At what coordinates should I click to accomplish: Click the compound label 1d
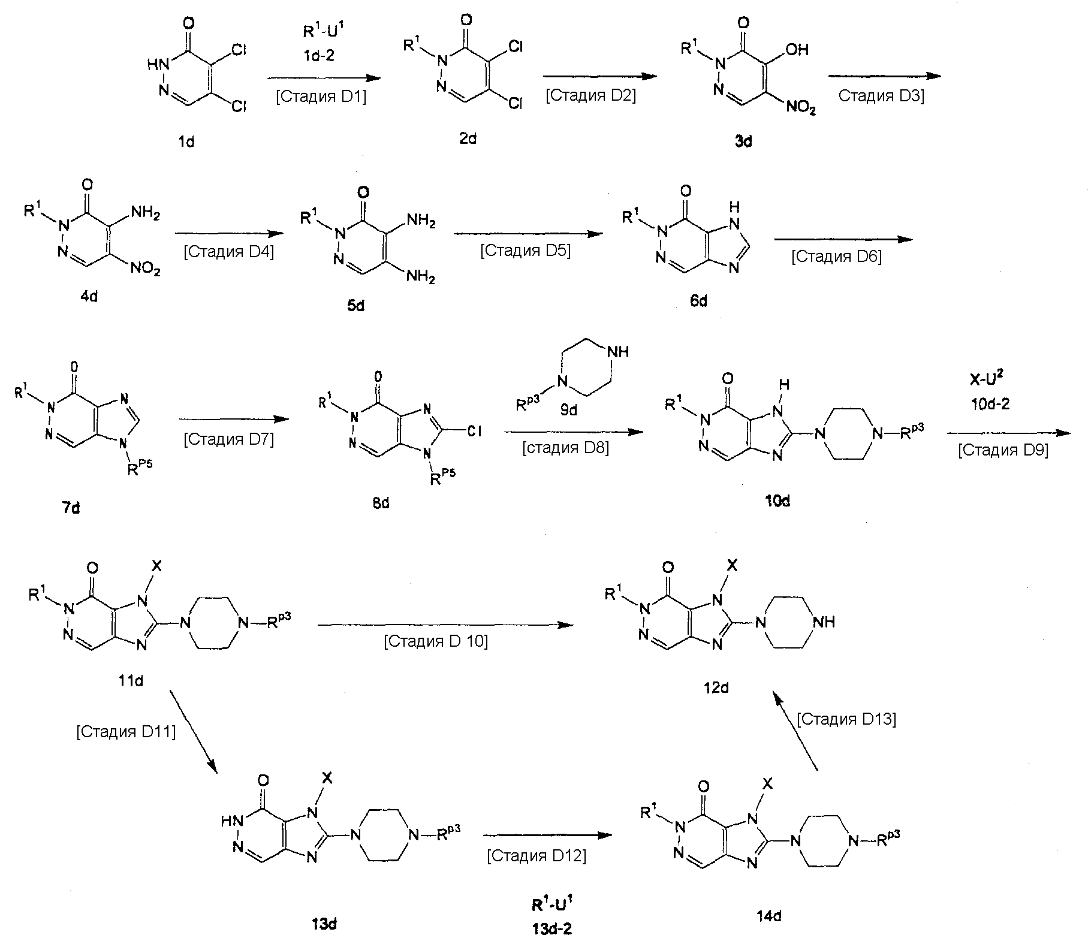pyautogui.click(x=186, y=142)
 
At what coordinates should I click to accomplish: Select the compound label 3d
pyautogui.click(x=743, y=141)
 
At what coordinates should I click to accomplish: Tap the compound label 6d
pyautogui.click(x=698, y=300)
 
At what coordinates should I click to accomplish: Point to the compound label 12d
pyautogui.click(x=716, y=687)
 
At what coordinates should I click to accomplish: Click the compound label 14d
pyautogui.click(x=769, y=916)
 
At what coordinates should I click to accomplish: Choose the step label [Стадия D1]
pyautogui.click(x=321, y=96)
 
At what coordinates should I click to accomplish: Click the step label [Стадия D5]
pyautogui.click(x=525, y=250)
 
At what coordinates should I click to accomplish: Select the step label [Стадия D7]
pyautogui.click(x=228, y=439)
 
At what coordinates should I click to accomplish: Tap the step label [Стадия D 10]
pyautogui.click(x=436, y=642)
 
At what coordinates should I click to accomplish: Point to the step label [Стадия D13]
pyautogui.click(x=846, y=719)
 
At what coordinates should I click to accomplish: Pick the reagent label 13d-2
pyautogui.click(x=551, y=928)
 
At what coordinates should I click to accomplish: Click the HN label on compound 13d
pyautogui.click(x=231, y=821)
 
